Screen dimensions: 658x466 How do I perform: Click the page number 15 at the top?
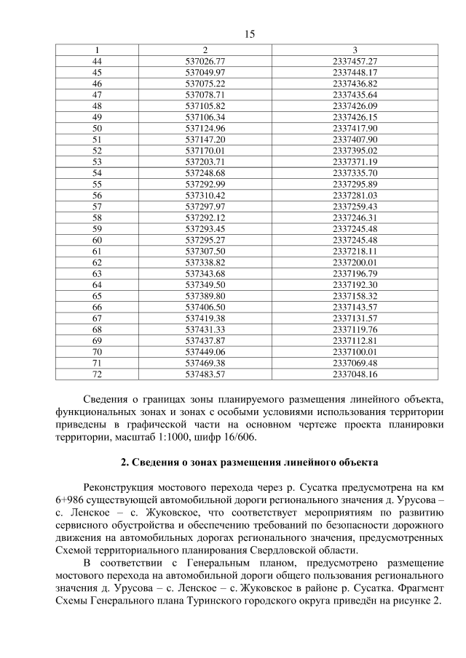click(233, 34)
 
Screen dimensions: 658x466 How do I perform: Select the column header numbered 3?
click(354, 49)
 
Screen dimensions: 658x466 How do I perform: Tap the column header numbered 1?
click(97, 49)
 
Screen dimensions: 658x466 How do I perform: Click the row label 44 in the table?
click(97, 61)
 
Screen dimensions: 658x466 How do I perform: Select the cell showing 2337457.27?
click(354, 61)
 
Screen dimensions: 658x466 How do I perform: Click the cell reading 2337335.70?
click(354, 173)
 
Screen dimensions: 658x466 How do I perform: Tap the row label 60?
click(97, 240)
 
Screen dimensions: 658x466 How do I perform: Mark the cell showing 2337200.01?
click(354, 262)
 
